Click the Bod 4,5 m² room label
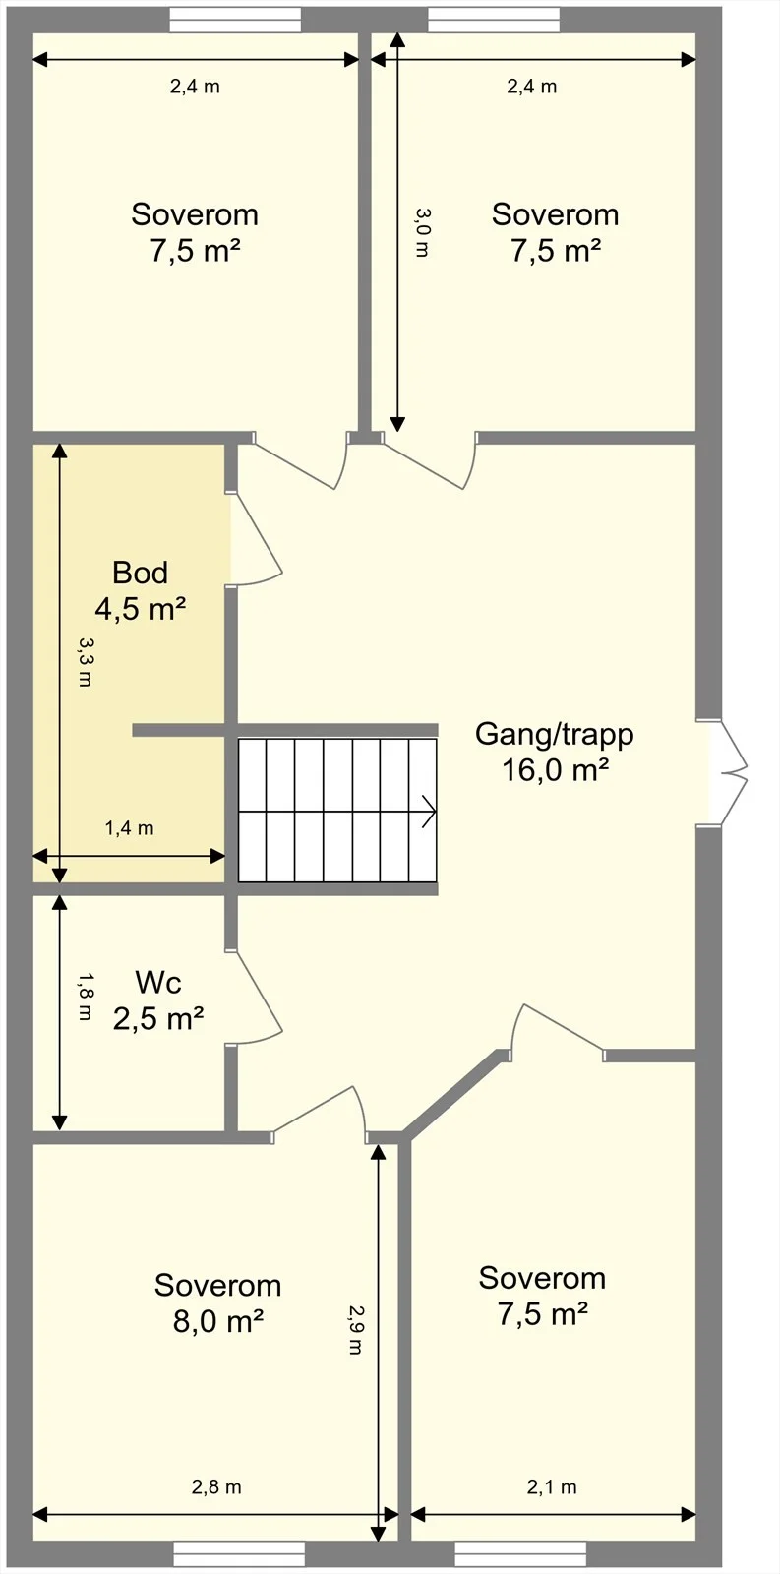[141, 591]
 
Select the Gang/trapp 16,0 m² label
[555, 752]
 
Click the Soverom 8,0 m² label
[217, 1303]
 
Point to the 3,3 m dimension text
[85, 662]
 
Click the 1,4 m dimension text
[129, 828]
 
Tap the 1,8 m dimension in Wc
[85, 997]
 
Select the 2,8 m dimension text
[216, 1487]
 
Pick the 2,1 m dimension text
[552, 1487]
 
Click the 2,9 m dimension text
[356, 1329]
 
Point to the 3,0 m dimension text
[421, 232]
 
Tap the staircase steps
[337, 811]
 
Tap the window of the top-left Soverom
[235, 20]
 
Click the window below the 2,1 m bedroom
[520, 1553]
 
